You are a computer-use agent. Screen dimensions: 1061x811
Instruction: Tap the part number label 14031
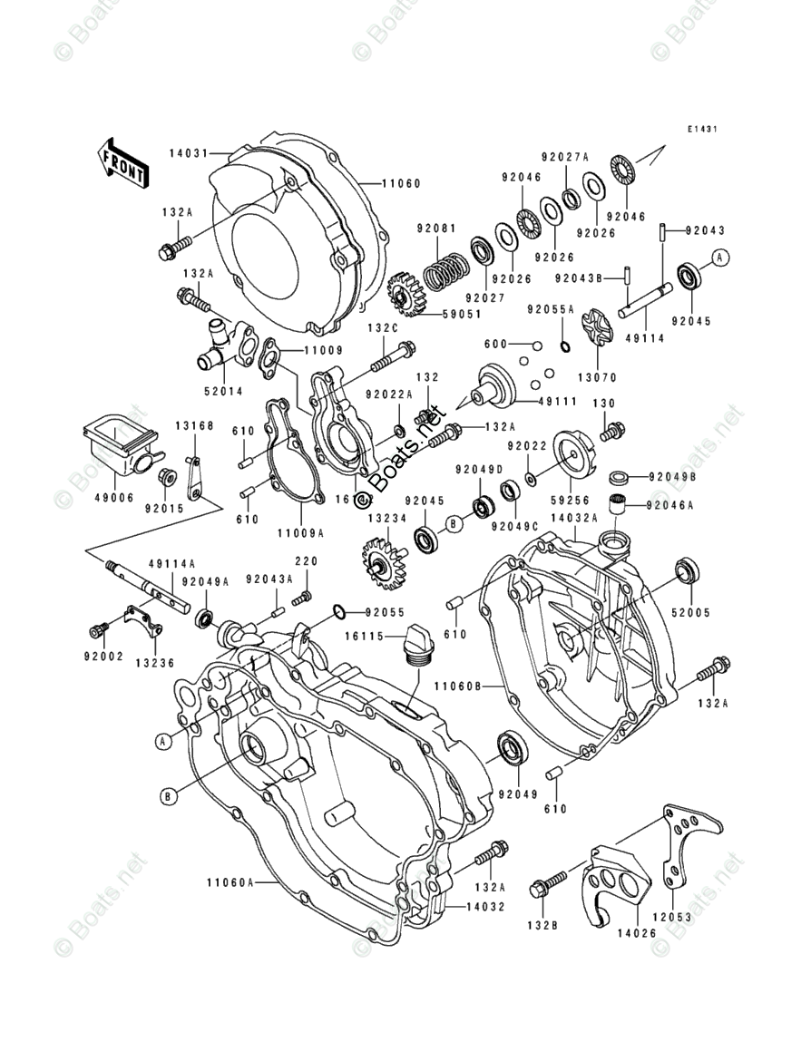[187, 153]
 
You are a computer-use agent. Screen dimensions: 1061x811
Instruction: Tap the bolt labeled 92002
[98, 629]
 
